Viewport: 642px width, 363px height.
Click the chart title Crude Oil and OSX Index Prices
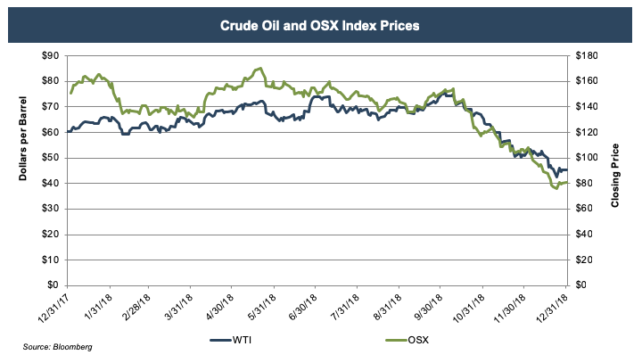[x=320, y=25]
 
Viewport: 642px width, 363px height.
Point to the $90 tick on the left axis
[x=49, y=55]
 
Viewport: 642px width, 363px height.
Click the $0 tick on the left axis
[x=52, y=285]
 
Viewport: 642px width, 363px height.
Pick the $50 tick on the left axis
[x=49, y=158]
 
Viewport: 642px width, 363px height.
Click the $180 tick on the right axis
[x=586, y=55]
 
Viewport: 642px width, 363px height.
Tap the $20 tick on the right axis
[x=583, y=260]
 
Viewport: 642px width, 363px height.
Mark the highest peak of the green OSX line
[x=259, y=68]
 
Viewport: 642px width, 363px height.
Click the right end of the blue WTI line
[x=566, y=169]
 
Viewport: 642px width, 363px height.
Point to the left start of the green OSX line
[x=70, y=93]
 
